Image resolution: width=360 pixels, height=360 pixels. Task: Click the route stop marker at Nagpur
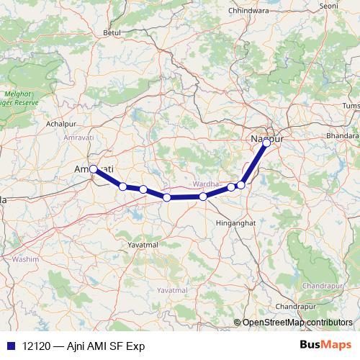tap(266, 143)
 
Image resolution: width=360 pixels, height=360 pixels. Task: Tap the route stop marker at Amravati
tap(94, 169)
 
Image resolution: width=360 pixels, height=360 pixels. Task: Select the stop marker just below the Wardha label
tap(203, 196)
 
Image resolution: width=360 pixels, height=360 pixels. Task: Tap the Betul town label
tap(111, 32)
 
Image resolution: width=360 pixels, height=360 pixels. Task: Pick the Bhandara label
tap(342, 135)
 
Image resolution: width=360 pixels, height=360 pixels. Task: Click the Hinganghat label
tap(235, 224)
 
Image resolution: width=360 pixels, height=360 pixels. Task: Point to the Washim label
tap(25, 258)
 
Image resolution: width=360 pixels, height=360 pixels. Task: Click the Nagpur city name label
tap(267, 136)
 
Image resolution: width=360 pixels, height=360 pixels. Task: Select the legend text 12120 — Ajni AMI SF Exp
tap(84, 346)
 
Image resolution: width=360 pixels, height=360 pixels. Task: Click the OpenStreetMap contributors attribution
tap(297, 322)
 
